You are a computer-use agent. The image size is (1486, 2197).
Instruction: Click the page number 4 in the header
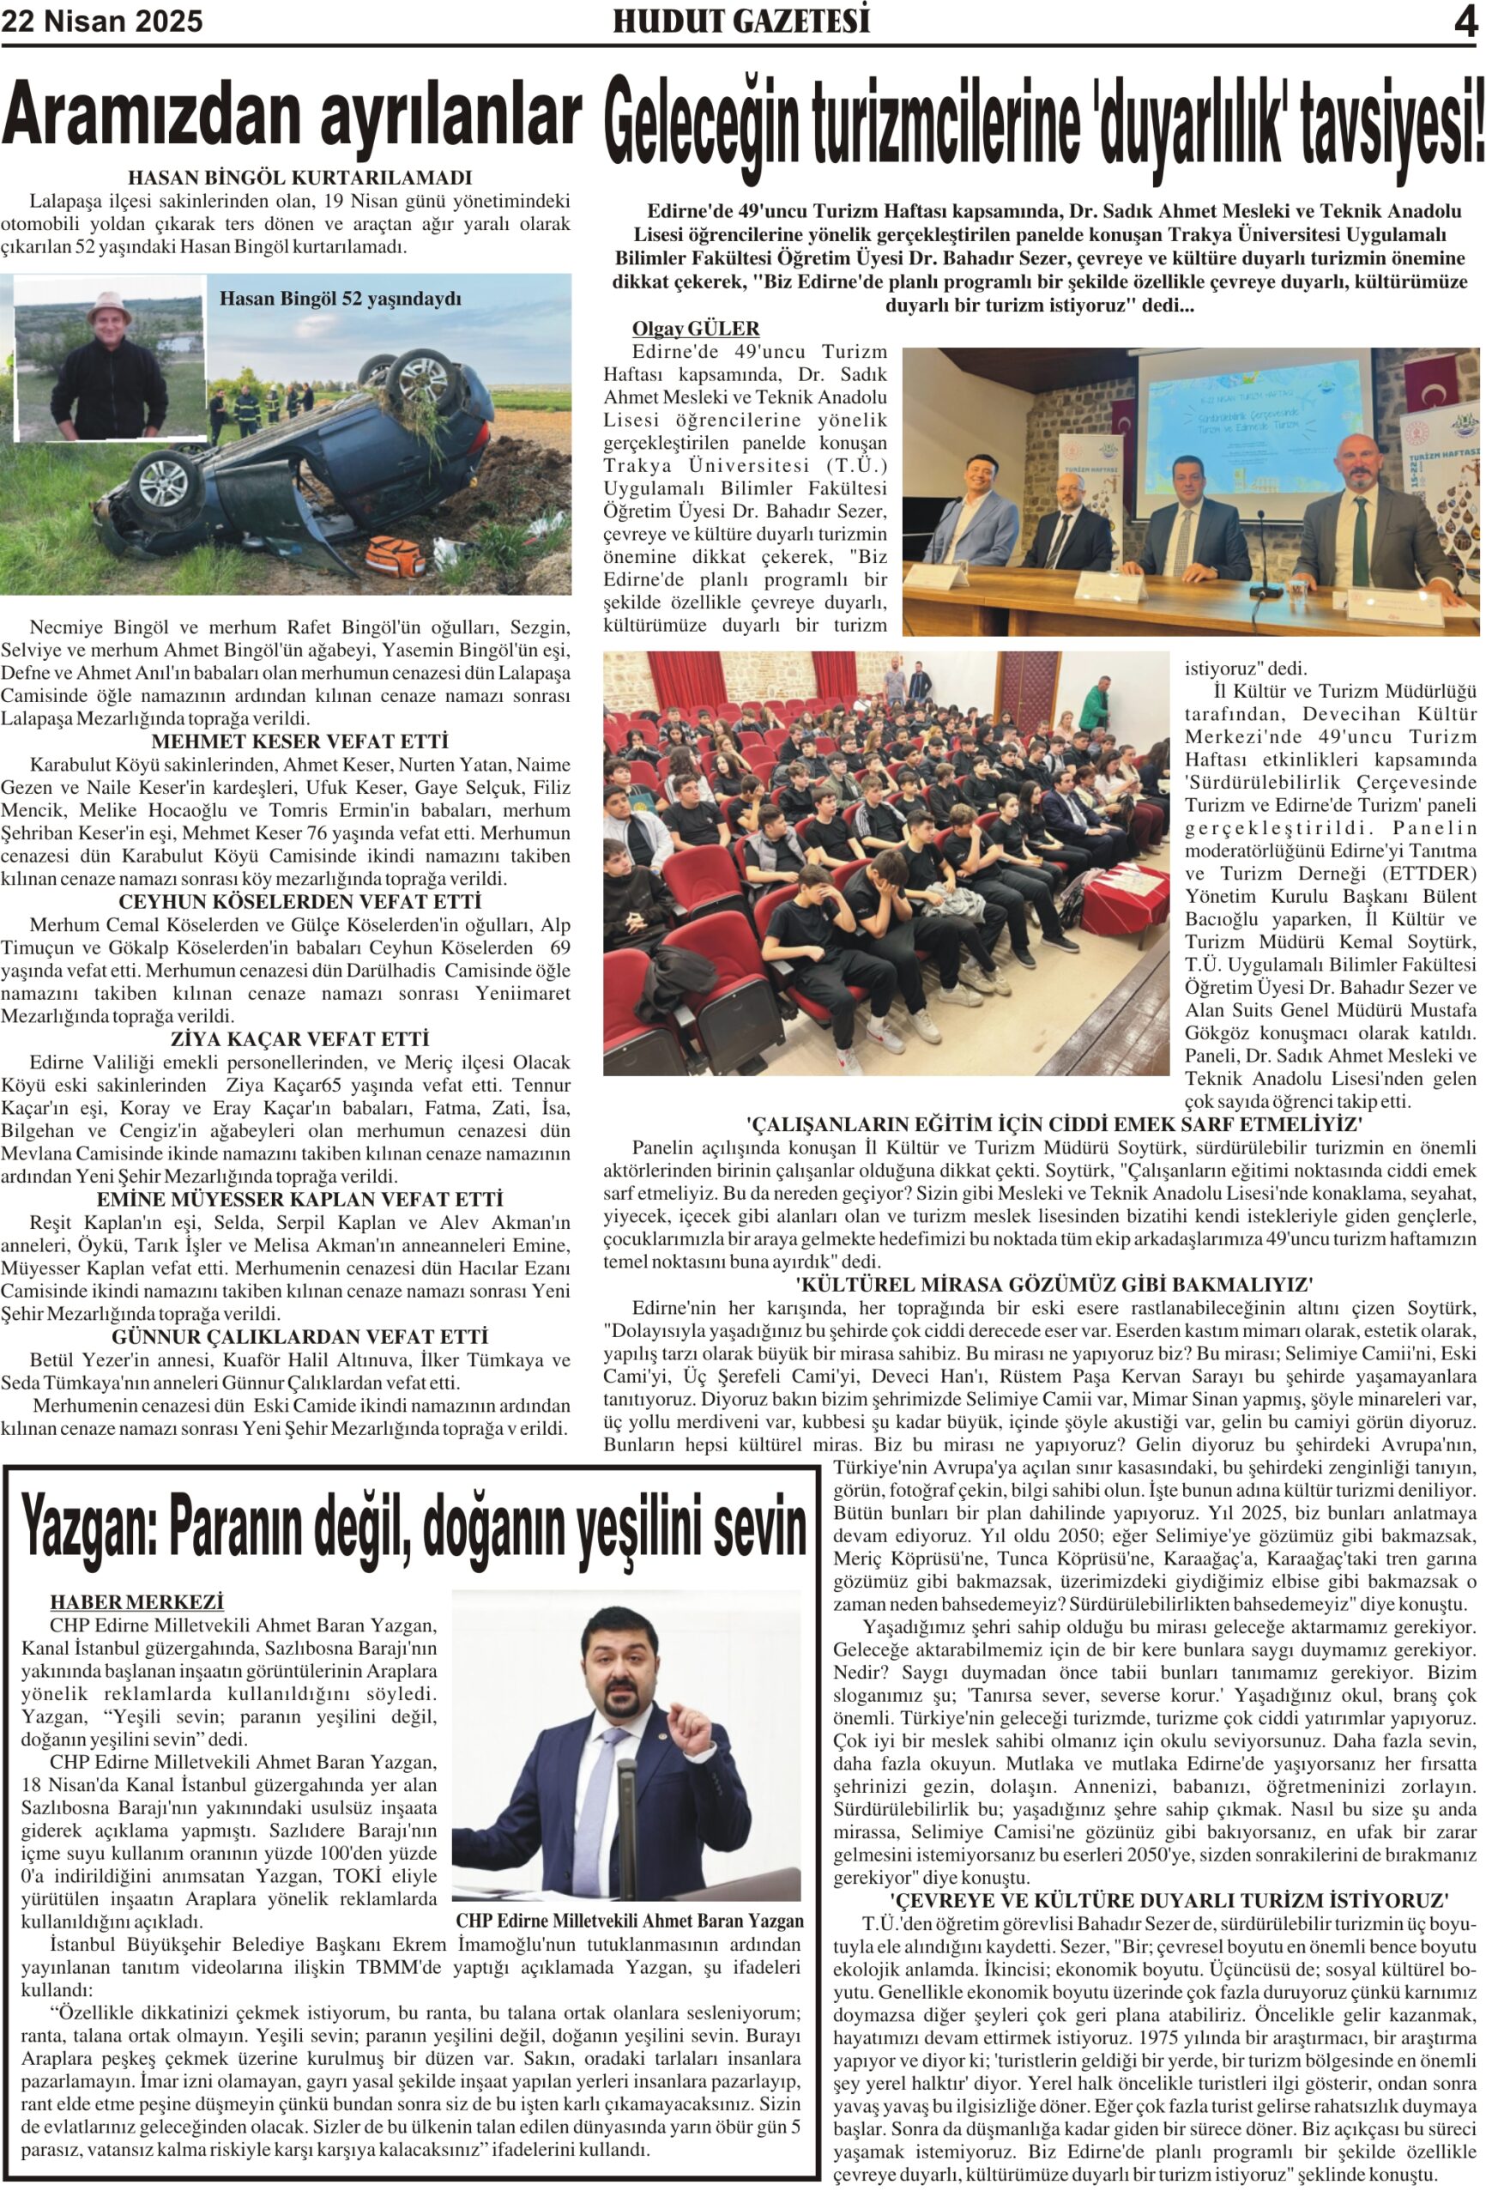1465,21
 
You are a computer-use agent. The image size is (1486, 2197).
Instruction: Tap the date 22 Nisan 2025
102,21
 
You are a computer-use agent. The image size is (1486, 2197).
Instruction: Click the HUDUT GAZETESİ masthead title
741,21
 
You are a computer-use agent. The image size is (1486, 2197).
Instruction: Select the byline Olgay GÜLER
696,328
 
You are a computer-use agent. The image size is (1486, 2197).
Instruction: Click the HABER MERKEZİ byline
137,1602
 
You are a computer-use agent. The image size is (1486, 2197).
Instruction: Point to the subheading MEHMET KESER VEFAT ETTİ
299,741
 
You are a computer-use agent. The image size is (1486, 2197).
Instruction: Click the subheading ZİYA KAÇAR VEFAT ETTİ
299,1039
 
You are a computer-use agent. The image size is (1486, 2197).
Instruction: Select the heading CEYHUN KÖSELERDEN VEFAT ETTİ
299,902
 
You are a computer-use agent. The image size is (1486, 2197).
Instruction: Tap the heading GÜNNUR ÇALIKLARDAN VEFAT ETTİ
299,1337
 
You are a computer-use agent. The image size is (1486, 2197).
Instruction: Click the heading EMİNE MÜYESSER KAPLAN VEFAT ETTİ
299,1200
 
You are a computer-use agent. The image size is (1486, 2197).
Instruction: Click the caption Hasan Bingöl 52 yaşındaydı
341,299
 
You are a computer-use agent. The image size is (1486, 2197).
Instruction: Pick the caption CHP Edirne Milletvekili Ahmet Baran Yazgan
630,1921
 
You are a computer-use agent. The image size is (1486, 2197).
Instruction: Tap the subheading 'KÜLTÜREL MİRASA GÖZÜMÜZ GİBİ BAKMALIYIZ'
1054,1285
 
